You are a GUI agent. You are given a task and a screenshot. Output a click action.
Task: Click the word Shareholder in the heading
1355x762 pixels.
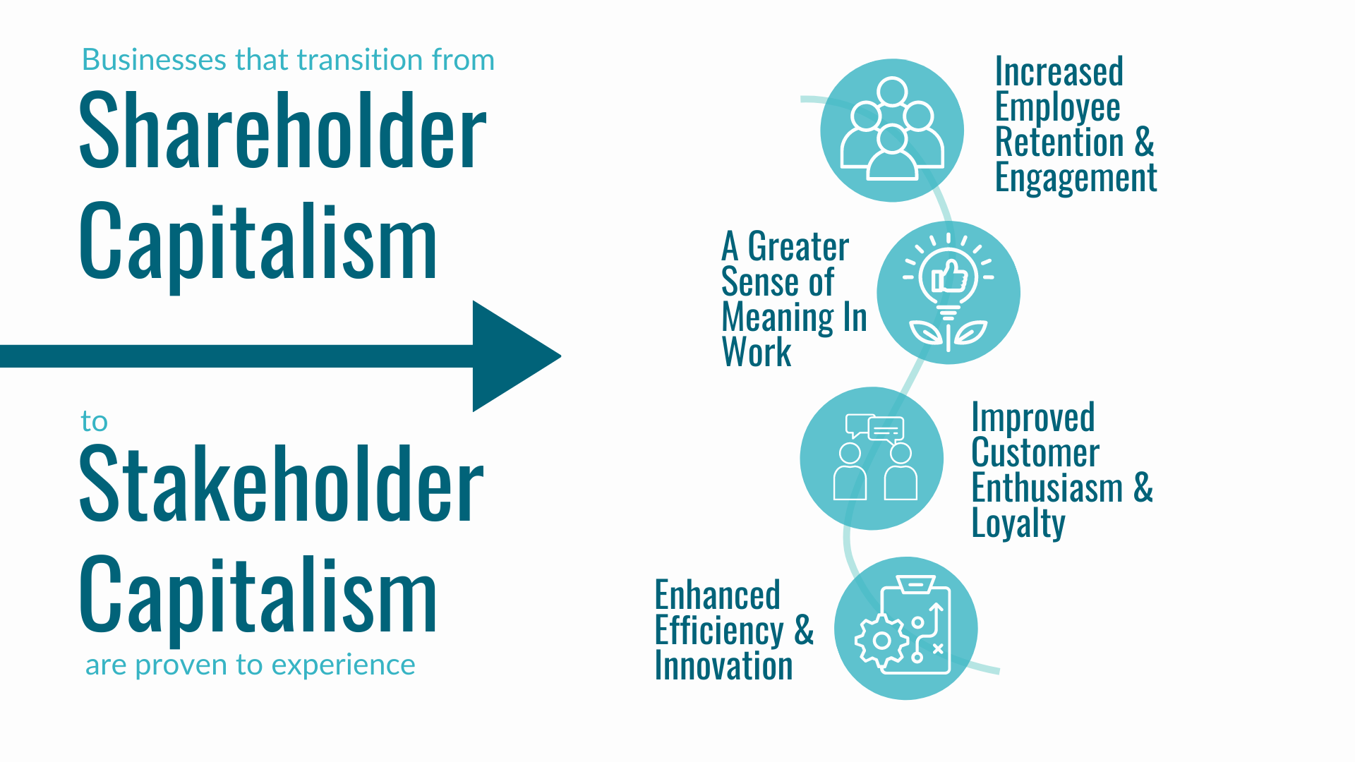(282, 132)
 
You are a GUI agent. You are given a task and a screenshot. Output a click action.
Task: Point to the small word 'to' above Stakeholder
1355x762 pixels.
(94, 421)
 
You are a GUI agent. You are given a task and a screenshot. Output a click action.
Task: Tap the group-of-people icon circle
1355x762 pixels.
(892, 131)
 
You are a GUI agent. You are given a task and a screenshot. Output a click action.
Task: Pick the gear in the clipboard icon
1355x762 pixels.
(881, 641)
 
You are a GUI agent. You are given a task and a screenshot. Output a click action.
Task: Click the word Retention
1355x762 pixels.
(1059, 143)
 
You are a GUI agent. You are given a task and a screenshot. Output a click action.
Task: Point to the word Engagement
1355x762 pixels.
(1076, 178)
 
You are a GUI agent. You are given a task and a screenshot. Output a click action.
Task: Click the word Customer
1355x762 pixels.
(1035, 453)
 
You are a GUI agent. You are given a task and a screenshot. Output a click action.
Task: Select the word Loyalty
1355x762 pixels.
(1018, 524)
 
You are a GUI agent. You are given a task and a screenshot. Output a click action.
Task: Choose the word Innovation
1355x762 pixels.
(723, 666)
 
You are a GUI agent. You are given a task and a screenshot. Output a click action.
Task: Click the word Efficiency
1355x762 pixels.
(719, 631)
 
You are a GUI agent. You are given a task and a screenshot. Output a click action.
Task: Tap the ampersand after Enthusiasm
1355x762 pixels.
(1143, 488)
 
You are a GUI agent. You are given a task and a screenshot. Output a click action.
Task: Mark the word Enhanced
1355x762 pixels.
(717, 595)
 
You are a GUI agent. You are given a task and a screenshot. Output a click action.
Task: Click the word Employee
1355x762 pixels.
(1057, 107)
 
